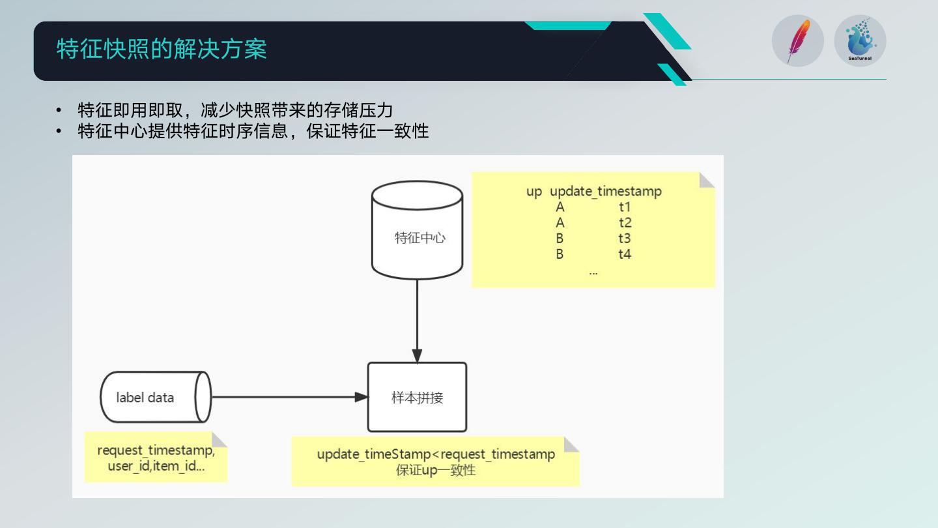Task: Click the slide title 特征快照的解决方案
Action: pos(162,50)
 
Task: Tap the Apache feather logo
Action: pos(797,42)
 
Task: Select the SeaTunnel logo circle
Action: pos(860,42)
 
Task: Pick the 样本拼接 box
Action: pos(418,397)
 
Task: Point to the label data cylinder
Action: pos(155,397)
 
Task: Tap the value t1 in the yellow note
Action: pos(625,207)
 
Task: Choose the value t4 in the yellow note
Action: pos(625,254)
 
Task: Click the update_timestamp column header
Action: pos(606,192)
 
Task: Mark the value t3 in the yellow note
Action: pos(625,239)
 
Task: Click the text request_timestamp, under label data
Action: pos(156,450)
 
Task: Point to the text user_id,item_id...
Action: pos(156,467)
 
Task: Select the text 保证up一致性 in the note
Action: pos(436,470)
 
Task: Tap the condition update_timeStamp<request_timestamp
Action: pos(436,454)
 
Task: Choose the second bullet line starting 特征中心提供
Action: pos(253,130)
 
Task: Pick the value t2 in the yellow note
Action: pos(625,223)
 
